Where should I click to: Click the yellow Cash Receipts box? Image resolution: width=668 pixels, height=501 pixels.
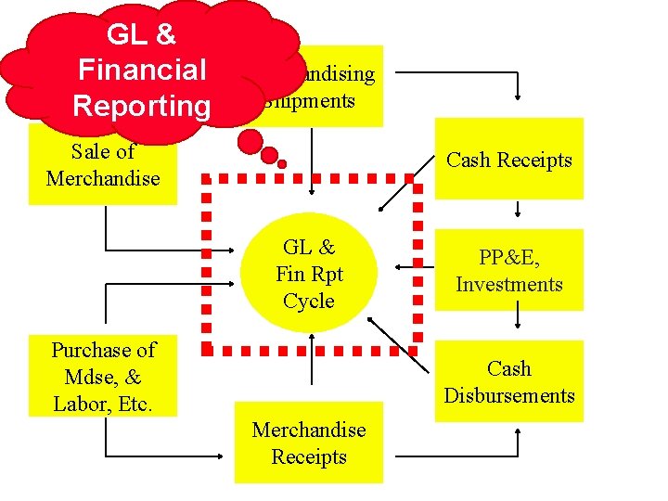point(509,160)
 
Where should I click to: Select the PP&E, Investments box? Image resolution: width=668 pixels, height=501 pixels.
point(509,270)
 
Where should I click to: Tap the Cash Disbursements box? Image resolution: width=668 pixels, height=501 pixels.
point(509,381)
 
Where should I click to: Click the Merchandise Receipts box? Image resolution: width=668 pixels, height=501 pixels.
point(308,443)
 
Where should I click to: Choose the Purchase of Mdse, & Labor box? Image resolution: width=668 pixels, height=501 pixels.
point(103,377)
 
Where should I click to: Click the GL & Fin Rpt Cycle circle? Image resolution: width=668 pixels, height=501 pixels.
point(309,274)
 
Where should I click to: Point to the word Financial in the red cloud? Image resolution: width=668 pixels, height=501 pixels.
point(142,70)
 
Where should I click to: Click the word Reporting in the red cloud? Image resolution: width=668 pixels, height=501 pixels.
point(142,105)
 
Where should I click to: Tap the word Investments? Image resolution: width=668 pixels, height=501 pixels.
point(509,284)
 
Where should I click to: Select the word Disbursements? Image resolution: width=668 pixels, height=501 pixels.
point(509,395)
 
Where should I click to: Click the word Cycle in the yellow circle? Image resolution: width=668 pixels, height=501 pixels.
point(309,301)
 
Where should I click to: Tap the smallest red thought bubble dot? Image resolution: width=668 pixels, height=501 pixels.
point(282,164)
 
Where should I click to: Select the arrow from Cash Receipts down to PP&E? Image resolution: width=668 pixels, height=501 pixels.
point(517,212)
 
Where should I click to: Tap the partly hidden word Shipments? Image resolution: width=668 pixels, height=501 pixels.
point(311,100)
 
